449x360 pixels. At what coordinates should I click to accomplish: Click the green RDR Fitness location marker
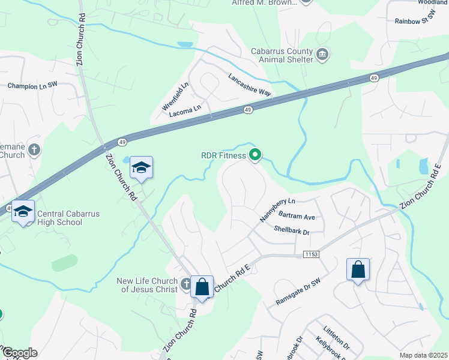[255, 155]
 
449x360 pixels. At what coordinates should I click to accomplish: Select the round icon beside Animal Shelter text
[322, 55]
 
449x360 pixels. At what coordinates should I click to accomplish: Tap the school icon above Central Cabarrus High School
[23, 211]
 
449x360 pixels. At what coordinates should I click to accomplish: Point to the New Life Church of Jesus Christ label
[147, 285]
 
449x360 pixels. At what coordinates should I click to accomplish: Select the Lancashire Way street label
[250, 85]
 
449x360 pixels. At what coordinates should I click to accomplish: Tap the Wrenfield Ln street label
[175, 96]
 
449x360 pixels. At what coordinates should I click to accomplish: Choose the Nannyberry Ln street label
[277, 207]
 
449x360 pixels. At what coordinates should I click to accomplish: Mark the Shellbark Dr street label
[291, 230]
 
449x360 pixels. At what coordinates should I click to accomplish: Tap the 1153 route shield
[311, 254]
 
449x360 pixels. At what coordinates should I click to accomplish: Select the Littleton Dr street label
[336, 338]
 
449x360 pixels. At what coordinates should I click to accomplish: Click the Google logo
[19, 353]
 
